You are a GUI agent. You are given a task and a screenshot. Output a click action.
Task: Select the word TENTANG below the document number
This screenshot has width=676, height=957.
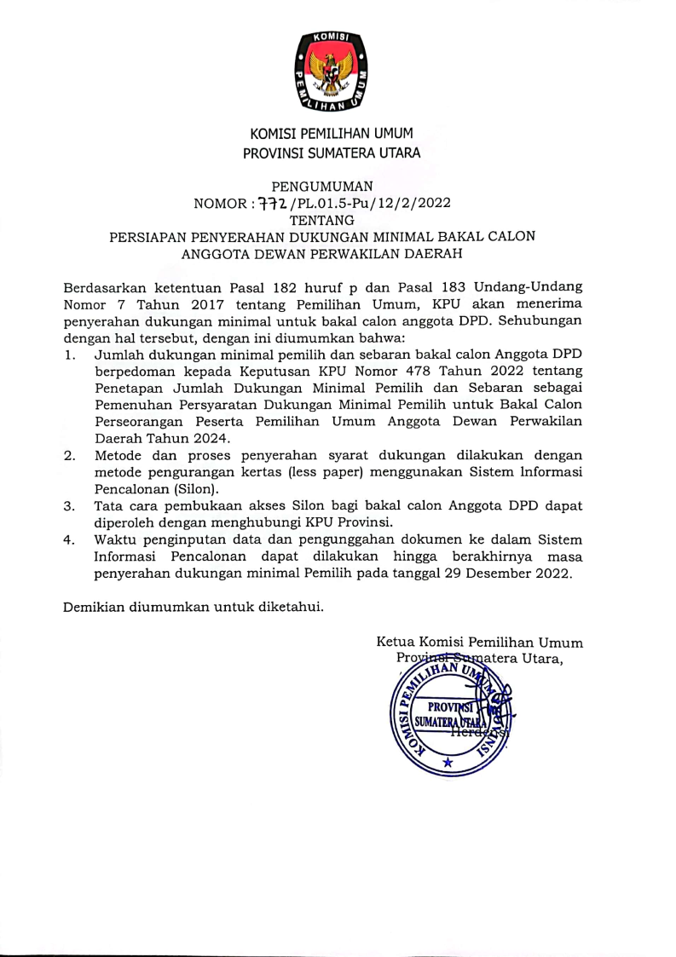tap(322, 220)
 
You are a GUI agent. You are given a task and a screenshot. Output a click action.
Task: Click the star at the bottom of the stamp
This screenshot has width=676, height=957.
tap(447, 763)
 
